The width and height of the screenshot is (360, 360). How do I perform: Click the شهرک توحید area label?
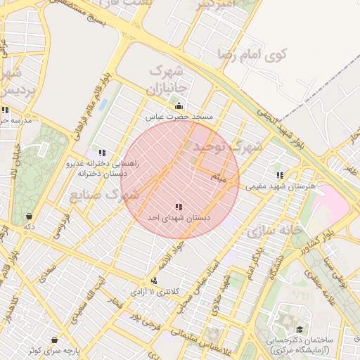(x=226, y=147)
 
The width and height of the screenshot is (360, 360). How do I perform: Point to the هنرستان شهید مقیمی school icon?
(x=280, y=175)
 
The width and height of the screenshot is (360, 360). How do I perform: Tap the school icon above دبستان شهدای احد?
(x=179, y=207)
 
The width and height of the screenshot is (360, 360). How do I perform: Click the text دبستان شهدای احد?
(x=179, y=219)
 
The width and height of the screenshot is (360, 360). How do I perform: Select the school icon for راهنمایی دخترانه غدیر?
(x=103, y=153)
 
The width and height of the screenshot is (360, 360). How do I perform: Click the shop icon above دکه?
(x=29, y=216)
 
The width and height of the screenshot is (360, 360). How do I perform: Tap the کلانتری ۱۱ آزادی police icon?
(x=154, y=281)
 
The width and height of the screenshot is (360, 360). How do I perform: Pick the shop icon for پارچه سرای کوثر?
(x=54, y=340)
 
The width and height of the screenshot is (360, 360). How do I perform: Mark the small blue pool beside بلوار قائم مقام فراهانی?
(x=104, y=105)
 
